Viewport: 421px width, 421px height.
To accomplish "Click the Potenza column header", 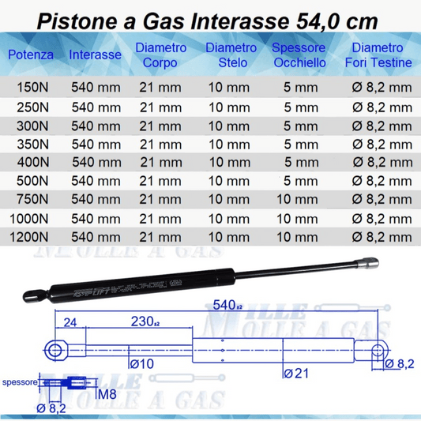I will pyautogui.click(x=31, y=55).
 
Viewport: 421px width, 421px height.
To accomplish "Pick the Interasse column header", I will pyautogui.click(x=95, y=55).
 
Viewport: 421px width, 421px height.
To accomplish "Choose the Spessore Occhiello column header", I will pyautogui.click(x=298, y=55).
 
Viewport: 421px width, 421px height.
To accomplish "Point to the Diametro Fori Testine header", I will pyautogui.click(x=379, y=55).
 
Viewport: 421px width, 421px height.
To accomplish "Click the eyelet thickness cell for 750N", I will pyautogui.click(x=298, y=199).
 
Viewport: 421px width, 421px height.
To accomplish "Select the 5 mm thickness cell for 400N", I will pyautogui.click(x=298, y=162).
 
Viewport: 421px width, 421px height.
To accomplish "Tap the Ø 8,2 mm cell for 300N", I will pyautogui.click(x=382, y=126).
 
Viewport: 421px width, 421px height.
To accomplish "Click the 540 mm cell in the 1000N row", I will pyautogui.click(x=96, y=217).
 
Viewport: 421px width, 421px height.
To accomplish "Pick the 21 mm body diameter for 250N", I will pyautogui.click(x=160, y=107).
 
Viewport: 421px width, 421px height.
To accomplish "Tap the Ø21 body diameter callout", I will pyautogui.click(x=295, y=372).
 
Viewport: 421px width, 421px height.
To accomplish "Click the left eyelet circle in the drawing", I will pyautogui.click(x=55, y=350).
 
